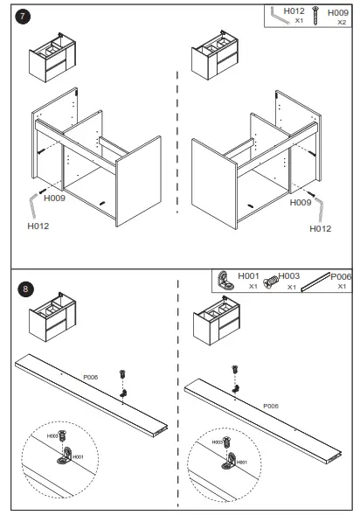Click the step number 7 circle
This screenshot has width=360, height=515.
23,17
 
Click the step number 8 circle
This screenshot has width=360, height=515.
25,289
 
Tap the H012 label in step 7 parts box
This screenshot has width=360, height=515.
294,11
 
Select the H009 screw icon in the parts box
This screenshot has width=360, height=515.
315,15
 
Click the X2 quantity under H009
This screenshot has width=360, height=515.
342,23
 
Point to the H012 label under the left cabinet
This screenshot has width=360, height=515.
38,226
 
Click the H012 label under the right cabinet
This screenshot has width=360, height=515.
321,228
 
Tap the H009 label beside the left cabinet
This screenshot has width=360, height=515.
54,198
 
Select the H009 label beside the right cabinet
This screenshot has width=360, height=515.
301,202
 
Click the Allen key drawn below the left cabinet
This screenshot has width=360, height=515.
33,205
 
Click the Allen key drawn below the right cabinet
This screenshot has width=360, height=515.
320,209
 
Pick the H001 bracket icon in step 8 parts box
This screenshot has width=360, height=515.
226,281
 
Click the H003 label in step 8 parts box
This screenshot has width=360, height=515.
289,276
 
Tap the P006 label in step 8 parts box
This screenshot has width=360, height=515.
341,277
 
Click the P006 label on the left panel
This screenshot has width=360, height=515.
91,377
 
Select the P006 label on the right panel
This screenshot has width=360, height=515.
271,407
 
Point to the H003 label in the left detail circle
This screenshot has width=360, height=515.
52,436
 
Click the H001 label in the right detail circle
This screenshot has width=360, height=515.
241,463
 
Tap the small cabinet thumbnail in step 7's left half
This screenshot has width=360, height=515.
52,57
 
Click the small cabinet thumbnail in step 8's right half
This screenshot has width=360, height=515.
217,320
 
